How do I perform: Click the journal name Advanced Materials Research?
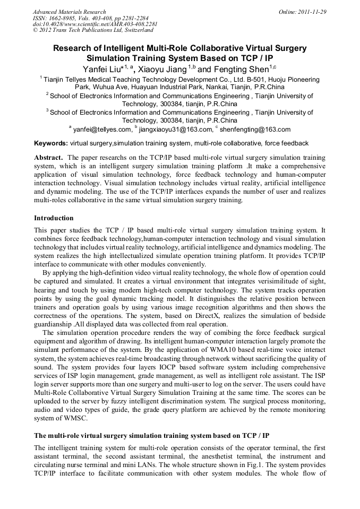[69, 12]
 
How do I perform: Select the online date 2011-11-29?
[303, 12]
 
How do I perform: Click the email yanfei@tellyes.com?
[102, 129]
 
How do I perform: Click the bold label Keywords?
[51, 143]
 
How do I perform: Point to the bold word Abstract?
[49, 158]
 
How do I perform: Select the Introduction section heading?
[54, 218]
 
